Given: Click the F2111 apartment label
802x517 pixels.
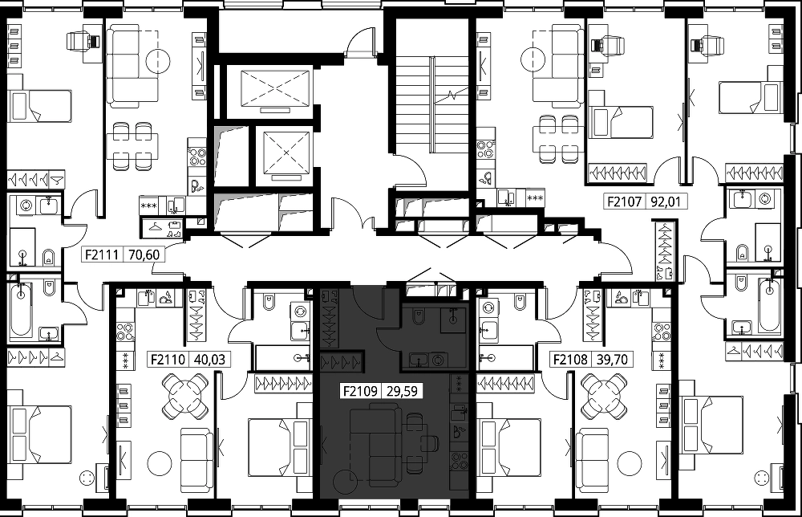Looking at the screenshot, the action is pos(102,254).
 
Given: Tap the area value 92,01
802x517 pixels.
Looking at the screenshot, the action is pos(666,202).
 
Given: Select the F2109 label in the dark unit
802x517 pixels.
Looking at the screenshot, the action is pos(360,392).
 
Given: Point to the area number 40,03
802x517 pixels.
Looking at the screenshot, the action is pos(209,360).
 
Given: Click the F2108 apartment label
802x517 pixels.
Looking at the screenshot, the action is pos(570,360).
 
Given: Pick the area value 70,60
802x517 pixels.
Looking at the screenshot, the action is pos(144,254).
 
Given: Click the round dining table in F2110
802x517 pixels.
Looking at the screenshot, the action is pos(185,396).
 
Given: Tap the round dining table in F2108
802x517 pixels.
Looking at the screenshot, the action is pos(604,396).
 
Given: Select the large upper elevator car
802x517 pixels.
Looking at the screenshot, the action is pos(275,88).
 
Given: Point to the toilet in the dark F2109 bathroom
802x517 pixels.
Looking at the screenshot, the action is pos(418,318).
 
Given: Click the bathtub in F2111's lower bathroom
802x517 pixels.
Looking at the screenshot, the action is pos(21,311).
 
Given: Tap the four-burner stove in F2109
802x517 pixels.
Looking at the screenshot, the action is pos(458,461).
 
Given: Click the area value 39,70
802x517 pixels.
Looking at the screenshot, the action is pos(612,360).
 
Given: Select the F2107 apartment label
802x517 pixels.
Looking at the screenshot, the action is pos(624,202).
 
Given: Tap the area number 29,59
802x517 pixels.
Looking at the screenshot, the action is pos(402,392).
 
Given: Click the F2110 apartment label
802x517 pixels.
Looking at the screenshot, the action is pos(168,360).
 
